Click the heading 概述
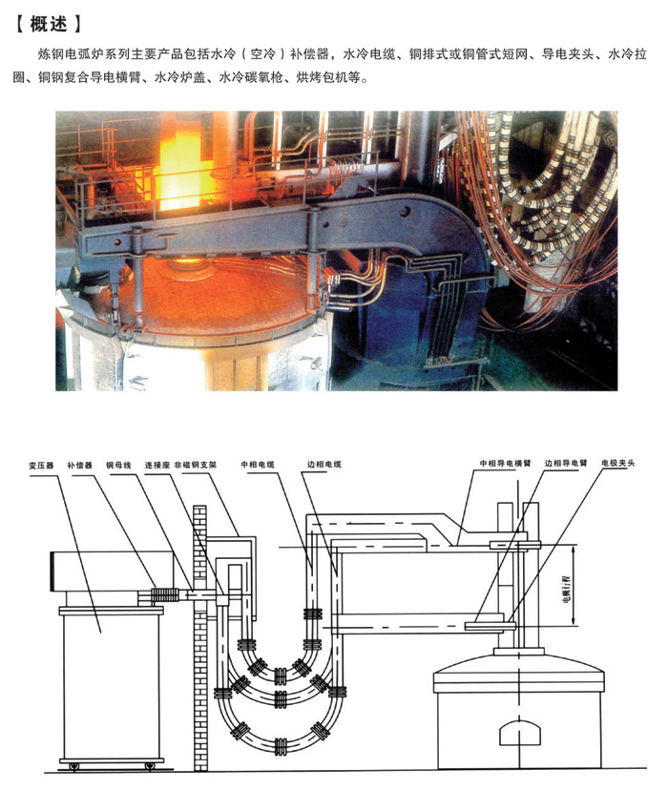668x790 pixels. click(49, 23)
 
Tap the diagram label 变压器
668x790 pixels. click(41, 465)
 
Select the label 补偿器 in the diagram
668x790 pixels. click(79, 465)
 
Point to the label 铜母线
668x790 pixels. click(118, 465)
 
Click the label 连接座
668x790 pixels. click(157, 465)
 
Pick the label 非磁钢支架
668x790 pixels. click(196, 465)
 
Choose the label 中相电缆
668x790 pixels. click(258, 465)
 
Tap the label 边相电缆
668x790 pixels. click(324, 465)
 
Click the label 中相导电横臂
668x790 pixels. click(505, 463)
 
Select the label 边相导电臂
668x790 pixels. click(566, 463)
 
